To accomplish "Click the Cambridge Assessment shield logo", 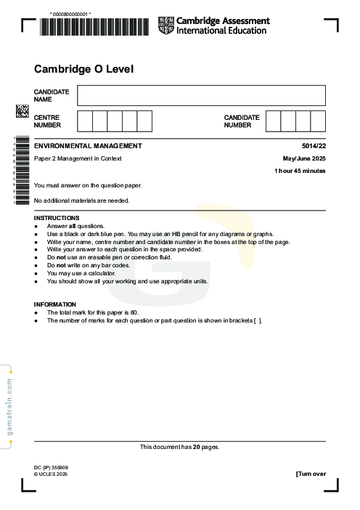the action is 166,25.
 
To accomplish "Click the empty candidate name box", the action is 201,95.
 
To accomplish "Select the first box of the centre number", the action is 84,121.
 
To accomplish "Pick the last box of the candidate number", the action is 318,121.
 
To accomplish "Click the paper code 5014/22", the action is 314,146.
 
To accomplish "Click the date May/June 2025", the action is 304,158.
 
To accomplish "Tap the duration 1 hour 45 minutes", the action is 300,171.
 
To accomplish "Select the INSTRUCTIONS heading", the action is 57,218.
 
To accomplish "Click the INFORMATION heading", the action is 55,304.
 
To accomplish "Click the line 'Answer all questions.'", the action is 76,226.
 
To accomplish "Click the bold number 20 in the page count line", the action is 192,447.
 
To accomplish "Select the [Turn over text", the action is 311,474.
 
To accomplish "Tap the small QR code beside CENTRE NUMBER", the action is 22,110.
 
